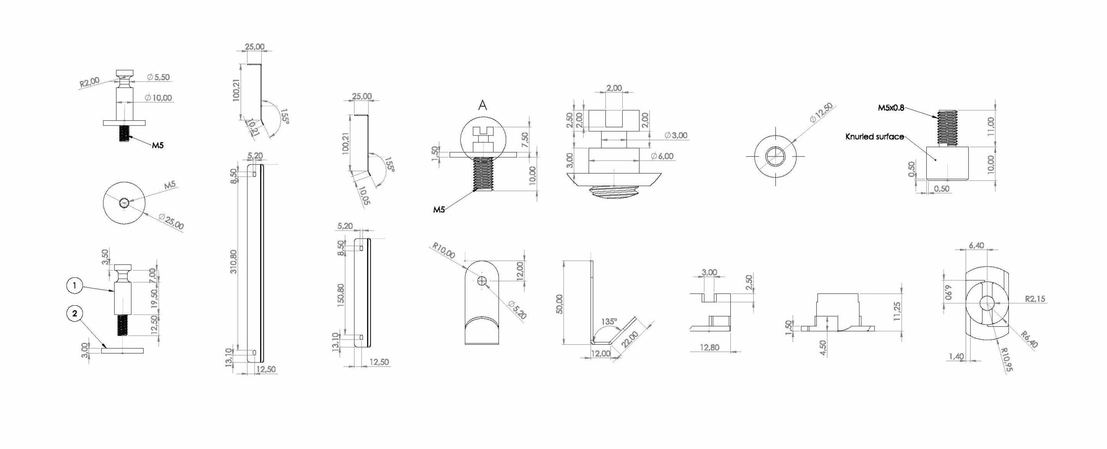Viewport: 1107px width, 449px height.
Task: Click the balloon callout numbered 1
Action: pyautogui.click(x=75, y=285)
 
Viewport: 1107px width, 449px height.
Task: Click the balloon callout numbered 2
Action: pyautogui.click(x=75, y=313)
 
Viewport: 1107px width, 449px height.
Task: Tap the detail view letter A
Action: pyautogui.click(x=483, y=105)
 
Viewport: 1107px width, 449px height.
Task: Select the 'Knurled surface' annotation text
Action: pyautogui.click(x=875, y=137)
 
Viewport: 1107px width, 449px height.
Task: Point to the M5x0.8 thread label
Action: pyautogui.click(x=891, y=108)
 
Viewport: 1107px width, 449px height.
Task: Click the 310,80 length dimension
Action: pyautogui.click(x=234, y=261)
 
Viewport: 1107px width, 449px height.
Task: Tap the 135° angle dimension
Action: pyautogui.click(x=609, y=322)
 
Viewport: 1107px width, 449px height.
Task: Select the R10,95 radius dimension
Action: pyautogui.click(x=1007, y=359)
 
